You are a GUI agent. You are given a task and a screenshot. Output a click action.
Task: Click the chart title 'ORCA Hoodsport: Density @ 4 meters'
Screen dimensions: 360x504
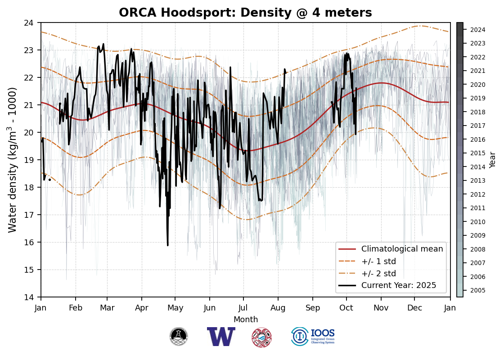[245, 13]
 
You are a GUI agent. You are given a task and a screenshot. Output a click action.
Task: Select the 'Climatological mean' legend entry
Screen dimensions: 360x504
[402, 249]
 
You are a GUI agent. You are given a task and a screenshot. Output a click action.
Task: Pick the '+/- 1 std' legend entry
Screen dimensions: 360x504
[378, 261]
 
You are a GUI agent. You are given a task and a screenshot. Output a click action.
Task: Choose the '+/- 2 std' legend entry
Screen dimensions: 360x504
[378, 273]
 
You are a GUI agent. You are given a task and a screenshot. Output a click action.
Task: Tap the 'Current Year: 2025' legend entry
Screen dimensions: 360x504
[399, 285]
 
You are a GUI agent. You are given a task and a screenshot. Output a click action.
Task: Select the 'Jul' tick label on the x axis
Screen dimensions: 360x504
[243, 308]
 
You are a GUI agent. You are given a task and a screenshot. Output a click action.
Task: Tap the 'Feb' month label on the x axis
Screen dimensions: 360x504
[75, 308]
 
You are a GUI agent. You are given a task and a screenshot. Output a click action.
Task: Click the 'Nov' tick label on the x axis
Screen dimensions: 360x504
[381, 308]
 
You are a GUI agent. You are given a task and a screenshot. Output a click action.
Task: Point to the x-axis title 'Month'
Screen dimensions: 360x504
[246, 319]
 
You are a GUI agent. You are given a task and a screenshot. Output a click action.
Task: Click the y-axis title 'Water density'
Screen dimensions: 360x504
[13, 160]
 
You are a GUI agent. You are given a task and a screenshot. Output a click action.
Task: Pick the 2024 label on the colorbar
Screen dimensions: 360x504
[477, 30]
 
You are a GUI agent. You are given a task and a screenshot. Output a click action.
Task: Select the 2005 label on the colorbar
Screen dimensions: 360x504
[477, 290]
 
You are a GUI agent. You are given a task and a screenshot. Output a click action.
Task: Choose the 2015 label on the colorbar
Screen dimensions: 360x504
[477, 153]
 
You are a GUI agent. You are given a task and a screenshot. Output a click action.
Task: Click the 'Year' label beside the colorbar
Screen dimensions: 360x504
[493, 160]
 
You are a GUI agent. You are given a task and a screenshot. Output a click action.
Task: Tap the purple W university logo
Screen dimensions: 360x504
[221, 337]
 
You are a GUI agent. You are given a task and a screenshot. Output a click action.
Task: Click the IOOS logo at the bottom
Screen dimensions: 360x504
[313, 337]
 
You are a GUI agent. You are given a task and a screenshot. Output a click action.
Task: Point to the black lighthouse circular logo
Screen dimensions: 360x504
[179, 337]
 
